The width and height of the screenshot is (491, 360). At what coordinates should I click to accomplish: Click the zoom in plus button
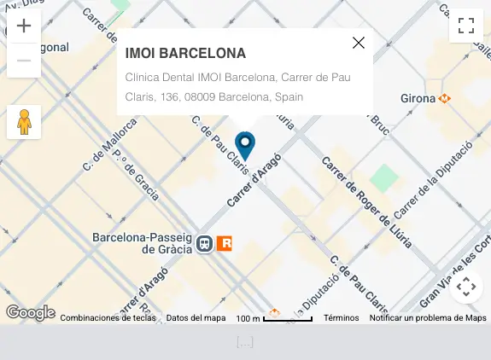point(24,26)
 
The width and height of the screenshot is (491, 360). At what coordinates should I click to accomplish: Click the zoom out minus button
point(24,61)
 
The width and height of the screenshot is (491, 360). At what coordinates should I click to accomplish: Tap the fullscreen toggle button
point(466,26)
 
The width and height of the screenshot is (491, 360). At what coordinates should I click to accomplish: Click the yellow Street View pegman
point(24,122)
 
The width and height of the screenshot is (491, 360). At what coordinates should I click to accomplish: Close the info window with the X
point(359,43)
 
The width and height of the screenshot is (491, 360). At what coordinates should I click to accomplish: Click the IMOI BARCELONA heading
point(185,53)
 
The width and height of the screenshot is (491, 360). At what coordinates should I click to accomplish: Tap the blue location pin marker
point(245,146)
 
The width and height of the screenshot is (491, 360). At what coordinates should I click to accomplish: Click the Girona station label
point(418,98)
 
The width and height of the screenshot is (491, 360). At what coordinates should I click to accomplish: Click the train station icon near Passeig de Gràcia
point(205,244)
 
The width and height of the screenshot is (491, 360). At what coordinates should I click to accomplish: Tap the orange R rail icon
point(225,244)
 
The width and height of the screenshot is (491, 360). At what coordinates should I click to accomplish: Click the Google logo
point(31,313)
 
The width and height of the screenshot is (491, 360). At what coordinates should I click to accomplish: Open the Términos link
point(341,318)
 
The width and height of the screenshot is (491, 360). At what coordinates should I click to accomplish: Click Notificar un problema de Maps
point(428,318)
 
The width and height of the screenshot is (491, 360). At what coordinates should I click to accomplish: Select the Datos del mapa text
point(196,318)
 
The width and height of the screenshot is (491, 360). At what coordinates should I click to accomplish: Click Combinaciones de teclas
point(108,318)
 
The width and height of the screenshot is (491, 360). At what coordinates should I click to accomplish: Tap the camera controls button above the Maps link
point(466,287)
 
